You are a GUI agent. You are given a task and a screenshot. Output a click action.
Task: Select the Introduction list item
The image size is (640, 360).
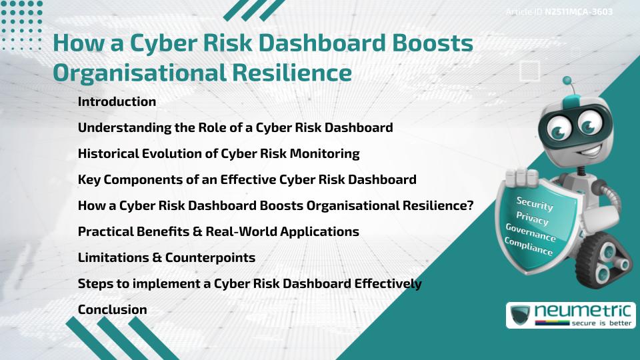click(x=117, y=102)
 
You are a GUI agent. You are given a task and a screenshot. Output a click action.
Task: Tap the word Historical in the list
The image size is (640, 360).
click(x=109, y=153)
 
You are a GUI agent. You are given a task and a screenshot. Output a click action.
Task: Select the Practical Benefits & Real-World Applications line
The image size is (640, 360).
click(x=218, y=231)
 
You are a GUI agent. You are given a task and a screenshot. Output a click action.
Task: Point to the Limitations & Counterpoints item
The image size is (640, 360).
click(x=166, y=257)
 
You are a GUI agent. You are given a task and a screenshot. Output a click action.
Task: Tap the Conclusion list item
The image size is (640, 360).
click(x=112, y=309)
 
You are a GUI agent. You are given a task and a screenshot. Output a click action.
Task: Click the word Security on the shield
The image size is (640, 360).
click(x=534, y=204)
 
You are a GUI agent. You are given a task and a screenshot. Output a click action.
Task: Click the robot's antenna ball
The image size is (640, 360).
click(x=568, y=81)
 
